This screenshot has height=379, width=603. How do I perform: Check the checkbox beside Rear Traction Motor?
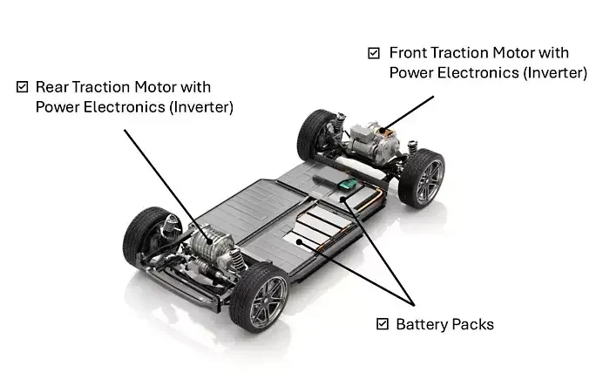[x=23, y=87]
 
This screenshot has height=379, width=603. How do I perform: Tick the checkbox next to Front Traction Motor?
[x=374, y=53]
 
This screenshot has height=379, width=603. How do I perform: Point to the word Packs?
[x=475, y=324]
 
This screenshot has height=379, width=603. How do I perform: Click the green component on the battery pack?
[x=350, y=185]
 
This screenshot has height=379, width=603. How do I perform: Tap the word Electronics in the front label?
[x=478, y=73]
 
